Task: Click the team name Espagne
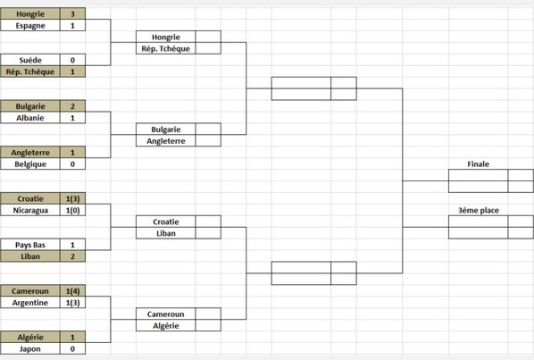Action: click(x=30, y=26)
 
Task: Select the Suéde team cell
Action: click(x=30, y=60)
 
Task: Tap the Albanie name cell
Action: click(x=30, y=118)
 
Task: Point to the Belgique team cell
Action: click(x=30, y=163)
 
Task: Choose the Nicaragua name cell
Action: click(x=30, y=210)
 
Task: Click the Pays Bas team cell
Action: click(x=30, y=245)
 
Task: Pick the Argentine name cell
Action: click(x=30, y=303)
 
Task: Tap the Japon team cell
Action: click(x=30, y=348)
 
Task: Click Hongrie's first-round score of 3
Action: click(x=72, y=14)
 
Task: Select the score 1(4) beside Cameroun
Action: click(x=72, y=291)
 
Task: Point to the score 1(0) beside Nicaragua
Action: click(x=72, y=210)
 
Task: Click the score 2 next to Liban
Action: click(x=72, y=256)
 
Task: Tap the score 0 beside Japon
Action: click(x=72, y=348)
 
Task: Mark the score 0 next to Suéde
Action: click(x=72, y=60)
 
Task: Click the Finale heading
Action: click(x=478, y=164)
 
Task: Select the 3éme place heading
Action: click(x=478, y=211)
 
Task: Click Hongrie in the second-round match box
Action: click(x=166, y=37)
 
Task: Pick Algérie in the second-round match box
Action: click(x=166, y=325)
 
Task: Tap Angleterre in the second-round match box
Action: click(x=166, y=140)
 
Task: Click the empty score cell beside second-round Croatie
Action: click(x=208, y=222)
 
